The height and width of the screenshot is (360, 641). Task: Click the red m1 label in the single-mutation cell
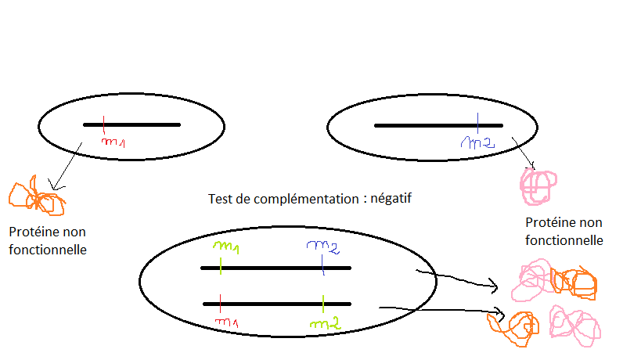click(114, 142)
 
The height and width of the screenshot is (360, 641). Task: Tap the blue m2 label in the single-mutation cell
click(478, 142)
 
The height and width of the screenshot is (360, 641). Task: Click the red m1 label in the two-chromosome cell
click(226, 322)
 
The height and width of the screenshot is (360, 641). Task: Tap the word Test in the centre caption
click(221, 199)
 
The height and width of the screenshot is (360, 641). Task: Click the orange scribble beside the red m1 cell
click(35, 197)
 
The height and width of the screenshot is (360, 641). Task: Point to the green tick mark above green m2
click(322, 302)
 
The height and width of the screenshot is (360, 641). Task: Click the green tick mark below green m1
click(221, 265)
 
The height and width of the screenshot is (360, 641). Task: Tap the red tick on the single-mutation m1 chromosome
click(103, 124)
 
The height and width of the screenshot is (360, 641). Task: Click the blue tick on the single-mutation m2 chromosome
click(477, 124)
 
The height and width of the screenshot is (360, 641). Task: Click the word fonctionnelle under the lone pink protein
click(564, 240)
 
